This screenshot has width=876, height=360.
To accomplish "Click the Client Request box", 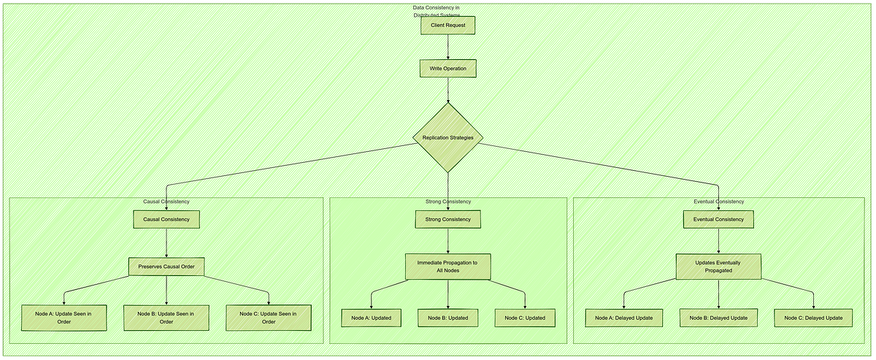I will click(447, 26).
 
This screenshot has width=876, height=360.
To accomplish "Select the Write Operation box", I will click(447, 69).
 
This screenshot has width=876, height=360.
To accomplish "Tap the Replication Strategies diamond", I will click(447, 137).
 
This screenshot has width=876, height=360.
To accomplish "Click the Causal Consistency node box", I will click(166, 219).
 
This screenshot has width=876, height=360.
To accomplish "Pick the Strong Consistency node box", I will click(447, 219).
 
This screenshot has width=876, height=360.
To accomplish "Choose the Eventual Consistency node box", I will click(718, 219).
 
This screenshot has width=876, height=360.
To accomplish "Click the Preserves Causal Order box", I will click(166, 267).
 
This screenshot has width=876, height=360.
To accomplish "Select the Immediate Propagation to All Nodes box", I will click(447, 266).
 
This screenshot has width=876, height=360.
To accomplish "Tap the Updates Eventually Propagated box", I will click(718, 266).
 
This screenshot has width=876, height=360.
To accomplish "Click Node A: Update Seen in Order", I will click(64, 317).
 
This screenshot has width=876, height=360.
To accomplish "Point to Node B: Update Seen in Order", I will click(166, 317).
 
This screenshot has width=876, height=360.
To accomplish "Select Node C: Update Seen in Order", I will click(269, 317).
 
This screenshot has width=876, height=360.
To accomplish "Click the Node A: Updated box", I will click(371, 318).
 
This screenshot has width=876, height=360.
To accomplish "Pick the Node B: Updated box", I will click(447, 318).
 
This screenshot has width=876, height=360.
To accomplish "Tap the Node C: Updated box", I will click(525, 318).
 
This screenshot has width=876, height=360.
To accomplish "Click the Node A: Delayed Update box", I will click(623, 318).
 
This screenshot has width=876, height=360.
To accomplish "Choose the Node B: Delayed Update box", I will click(718, 318).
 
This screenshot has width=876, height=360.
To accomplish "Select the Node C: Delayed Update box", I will click(813, 318).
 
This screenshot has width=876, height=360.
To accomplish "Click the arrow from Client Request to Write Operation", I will click(447, 47).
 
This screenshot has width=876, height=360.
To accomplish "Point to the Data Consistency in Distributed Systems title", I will click(436, 11).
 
